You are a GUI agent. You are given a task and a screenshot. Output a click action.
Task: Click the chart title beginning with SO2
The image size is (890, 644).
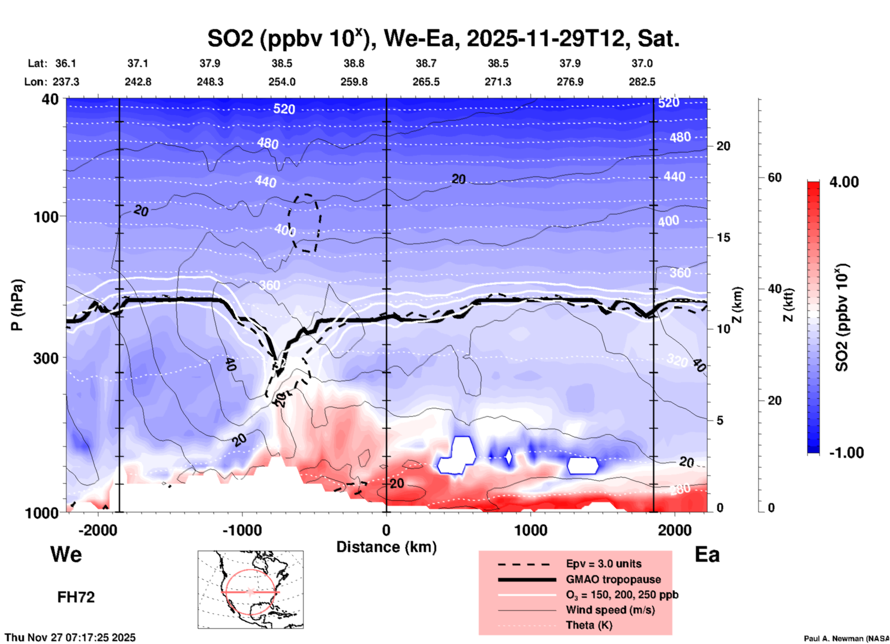click(x=443, y=38)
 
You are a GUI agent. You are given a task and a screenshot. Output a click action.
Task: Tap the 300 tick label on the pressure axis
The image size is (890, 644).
click(x=46, y=358)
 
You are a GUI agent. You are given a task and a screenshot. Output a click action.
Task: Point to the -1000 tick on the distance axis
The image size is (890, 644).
click(x=242, y=530)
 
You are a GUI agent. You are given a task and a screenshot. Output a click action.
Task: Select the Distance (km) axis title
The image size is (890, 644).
click(x=386, y=547)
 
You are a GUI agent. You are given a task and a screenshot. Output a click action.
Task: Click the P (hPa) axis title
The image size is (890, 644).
click(x=17, y=304)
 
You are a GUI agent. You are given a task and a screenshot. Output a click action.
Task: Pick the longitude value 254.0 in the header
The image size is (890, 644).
click(x=282, y=82)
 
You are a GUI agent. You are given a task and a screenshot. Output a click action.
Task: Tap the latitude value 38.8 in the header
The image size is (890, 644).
click(x=354, y=63)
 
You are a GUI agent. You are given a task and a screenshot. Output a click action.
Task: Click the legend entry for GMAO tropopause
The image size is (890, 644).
click(x=613, y=579)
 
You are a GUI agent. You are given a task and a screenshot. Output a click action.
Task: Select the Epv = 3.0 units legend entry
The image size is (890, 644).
click(x=603, y=564)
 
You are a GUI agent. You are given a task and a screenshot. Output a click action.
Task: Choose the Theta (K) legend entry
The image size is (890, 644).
click(x=589, y=625)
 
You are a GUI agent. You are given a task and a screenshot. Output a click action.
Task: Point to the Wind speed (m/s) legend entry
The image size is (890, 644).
click(x=610, y=610)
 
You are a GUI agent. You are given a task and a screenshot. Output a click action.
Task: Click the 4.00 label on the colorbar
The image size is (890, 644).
click(x=844, y=182)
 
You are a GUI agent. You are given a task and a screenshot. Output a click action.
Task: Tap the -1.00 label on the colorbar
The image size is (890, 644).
click(x=846, y=453)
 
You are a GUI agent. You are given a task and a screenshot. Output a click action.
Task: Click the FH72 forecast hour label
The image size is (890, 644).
click(x=76, y=597)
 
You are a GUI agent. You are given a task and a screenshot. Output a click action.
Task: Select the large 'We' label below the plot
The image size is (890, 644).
click(x=66, y=554)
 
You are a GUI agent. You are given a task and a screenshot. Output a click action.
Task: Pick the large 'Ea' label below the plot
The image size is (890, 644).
click(x=707, y=554)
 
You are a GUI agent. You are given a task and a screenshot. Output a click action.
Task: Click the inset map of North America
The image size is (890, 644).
click(x=250, y=589)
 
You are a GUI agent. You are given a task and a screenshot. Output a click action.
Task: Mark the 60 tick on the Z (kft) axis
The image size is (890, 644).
click(x=774, y=177)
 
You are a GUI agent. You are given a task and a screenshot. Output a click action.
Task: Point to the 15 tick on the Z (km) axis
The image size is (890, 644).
click(x=723, y=237)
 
